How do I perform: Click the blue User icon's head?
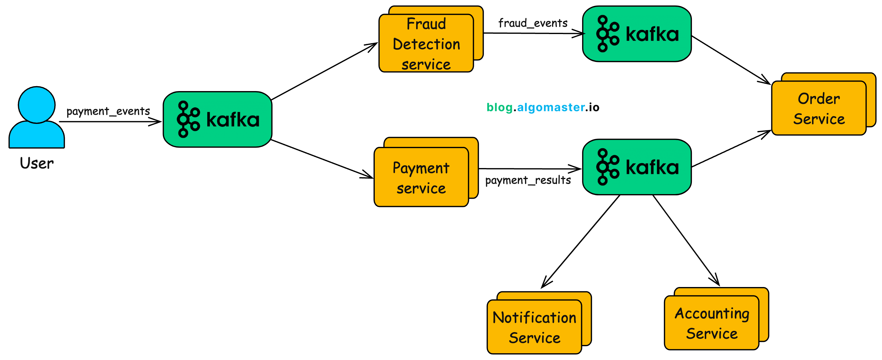(36, 105)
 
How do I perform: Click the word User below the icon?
(36, 163)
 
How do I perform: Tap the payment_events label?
(108, 111)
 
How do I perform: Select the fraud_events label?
(533, 23)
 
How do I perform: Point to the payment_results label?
(528, 180)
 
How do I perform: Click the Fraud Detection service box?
(426, 44)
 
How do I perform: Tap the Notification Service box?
(534, 327)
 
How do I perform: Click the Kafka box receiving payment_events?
(217, 119)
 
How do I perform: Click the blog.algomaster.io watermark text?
(543, 107)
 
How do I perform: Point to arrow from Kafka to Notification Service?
(581, 242)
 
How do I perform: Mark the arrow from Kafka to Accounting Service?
(686, 240)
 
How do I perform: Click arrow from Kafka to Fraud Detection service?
(324, 71)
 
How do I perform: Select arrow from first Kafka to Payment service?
(322, 159)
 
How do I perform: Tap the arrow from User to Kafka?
(109, 121)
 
